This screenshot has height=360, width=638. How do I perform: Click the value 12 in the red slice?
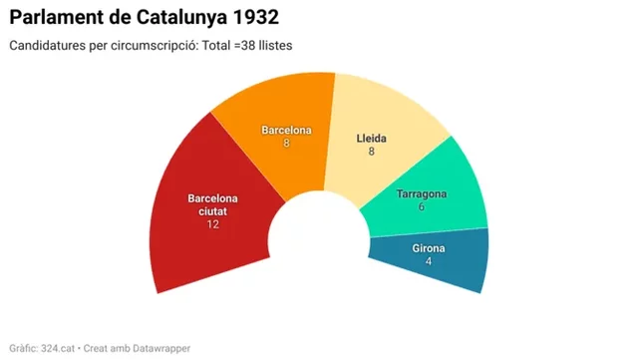[213, 224]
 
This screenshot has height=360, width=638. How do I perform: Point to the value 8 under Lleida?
[371, 152]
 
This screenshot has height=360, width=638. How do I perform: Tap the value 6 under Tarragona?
[421, 206]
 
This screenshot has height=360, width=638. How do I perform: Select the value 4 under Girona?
[429, 261]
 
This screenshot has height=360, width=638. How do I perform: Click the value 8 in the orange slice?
[286, 144]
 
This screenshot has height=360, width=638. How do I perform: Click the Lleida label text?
[371, 139]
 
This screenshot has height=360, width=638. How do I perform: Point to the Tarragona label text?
[421, 193]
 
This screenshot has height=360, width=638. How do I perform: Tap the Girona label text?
[429, 248]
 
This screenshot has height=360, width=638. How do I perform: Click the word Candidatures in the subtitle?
[45, 46]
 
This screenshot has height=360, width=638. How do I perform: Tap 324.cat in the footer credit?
[59, 348]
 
